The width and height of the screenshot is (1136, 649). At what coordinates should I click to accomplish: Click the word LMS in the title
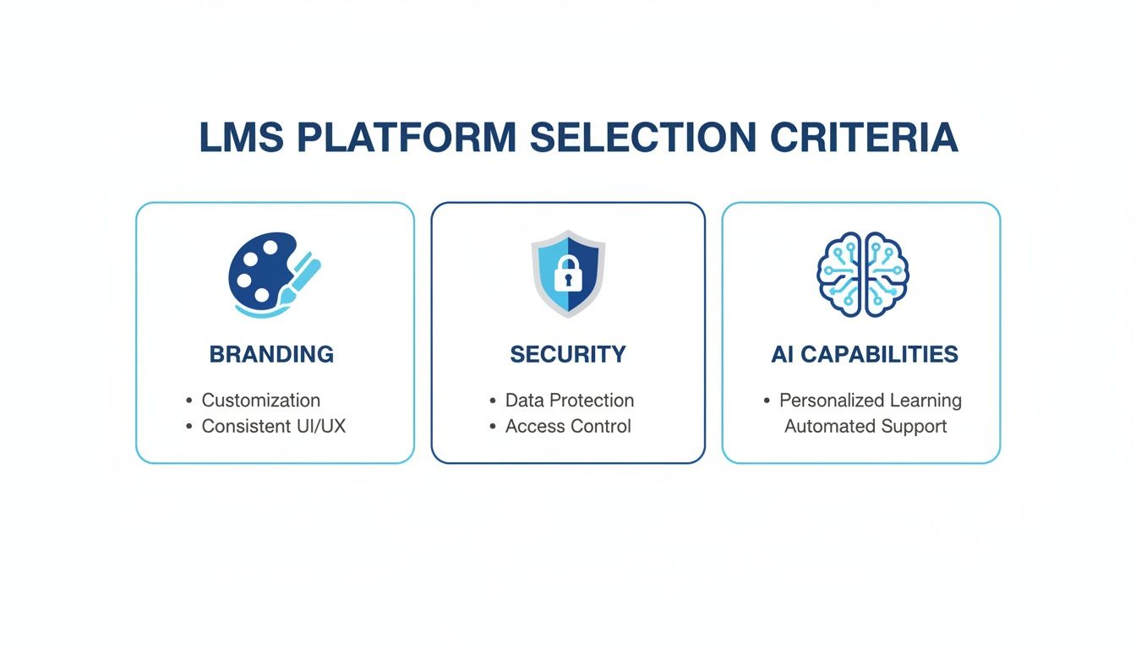241,139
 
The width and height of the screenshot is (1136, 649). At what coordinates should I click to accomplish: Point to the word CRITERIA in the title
864,139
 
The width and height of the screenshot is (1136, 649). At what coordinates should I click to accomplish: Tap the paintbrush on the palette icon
303,275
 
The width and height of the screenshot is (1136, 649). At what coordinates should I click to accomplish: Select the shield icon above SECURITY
568,273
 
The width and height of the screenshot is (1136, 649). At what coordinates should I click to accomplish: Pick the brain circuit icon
862,275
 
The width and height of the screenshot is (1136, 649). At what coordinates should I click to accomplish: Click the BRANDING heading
271,354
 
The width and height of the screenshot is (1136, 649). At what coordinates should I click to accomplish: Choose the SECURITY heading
568,354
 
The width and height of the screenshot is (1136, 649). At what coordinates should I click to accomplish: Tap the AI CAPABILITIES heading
865,354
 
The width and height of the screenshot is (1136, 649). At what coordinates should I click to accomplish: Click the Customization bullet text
260,401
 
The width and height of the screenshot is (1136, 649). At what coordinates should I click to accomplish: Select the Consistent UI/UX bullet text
273,427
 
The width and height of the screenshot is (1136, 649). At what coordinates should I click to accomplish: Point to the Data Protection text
569,401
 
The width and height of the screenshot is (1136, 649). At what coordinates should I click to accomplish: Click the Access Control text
568,427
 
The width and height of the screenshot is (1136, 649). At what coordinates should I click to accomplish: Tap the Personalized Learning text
870,401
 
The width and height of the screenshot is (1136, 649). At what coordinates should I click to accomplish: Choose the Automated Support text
866,427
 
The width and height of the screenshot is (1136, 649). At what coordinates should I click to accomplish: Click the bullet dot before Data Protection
493,401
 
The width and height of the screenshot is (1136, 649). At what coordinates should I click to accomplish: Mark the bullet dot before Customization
188,401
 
